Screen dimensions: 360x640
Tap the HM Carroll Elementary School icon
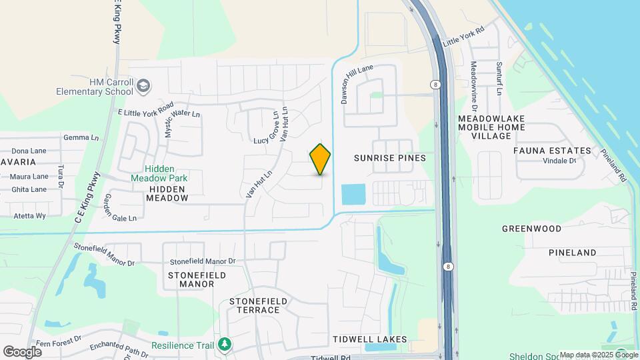[x=143, y=86]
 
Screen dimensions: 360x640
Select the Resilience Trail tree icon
[x=225, y=344]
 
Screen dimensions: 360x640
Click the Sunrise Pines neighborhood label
[x=390, y=158]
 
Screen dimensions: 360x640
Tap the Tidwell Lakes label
[x=369, y=339]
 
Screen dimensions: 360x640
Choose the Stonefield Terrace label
[x=259, y=306]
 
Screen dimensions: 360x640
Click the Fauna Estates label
[x=552, y=151]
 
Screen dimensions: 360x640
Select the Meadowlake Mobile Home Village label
[x=491, y=127]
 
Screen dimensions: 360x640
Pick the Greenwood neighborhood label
[x=531, y=228]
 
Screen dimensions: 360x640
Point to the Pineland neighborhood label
[x=572, y=253]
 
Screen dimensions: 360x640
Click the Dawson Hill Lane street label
[x=353, y=85]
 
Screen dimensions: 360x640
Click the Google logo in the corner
[x=22, y=351]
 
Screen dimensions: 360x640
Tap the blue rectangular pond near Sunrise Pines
[x=353, y=195]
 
